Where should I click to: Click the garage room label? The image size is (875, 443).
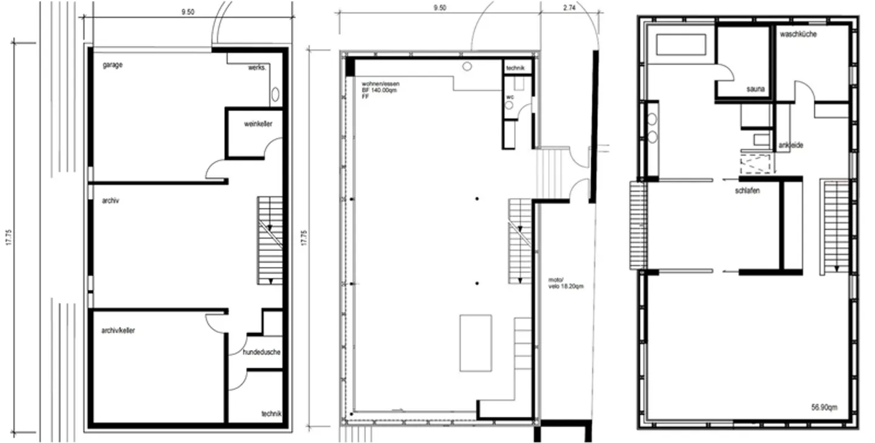pyautogui.click(x=112, y=64)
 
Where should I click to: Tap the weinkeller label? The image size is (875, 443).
pyautogui.click(x=258, y=124)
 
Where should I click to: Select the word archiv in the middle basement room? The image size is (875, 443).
pyautogui.click(x=111, y=201)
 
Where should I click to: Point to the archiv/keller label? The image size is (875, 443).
pyautogui.click(x=118, y=331)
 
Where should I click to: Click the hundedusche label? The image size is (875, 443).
pyautogui.click(x=261, y=352)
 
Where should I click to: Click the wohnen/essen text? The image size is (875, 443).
pyautogui.click(x=381, y=83)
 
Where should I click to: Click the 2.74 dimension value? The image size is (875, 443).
pyautogui.click(x=569, y=8)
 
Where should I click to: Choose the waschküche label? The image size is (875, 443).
pyautogui.click(x=798, y=35)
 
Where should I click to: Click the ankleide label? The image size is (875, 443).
pyautogui.click(x=791, y=146)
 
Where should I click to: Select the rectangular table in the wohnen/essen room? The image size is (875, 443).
pyautogui.click(x=476, y=343)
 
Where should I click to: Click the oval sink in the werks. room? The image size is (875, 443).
pyautogui.click(x=275, y=94)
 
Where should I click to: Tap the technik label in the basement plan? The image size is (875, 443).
pyautogui.click(x=272, y=414)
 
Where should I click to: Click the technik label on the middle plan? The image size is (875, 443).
pyautogui.click(x=518, y=69)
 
